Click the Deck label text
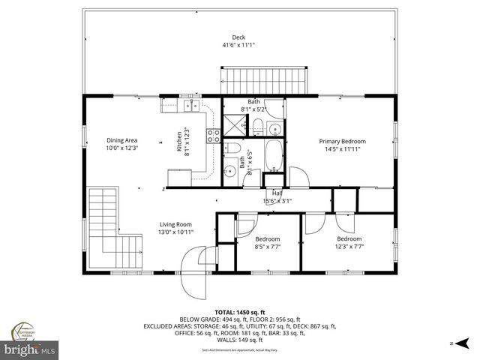click(x=238, y=37)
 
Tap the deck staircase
click(x=265, y=78)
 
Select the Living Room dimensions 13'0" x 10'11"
click(x=175, y=232)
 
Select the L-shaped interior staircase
click(x=112, y=229)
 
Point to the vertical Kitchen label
click(x=178, y=141)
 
